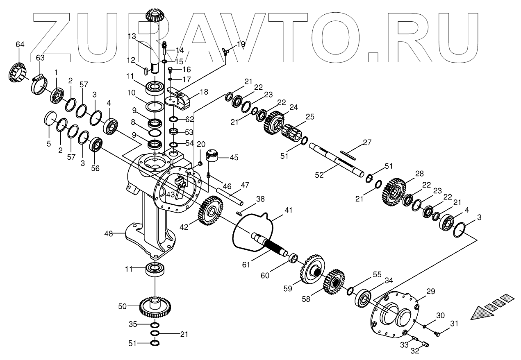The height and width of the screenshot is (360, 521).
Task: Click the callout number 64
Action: pyautogui.click(x=20, y=44)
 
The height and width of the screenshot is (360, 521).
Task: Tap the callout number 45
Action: pyautogui.click(x=233, y=158)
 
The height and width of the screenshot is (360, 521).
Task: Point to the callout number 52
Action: pyautogui.click(x=319, y=175)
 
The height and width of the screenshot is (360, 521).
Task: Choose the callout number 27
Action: pyautogui.click(x=367, y=143)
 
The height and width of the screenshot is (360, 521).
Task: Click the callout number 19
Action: pyautogui.click(x=241, y=43)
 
